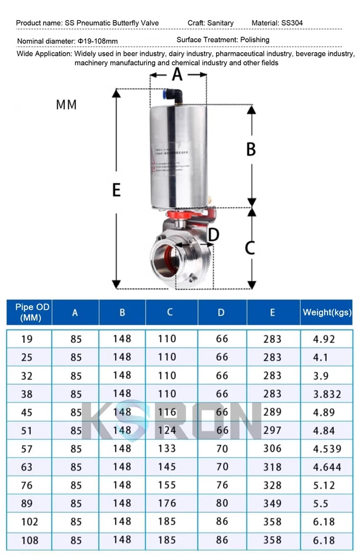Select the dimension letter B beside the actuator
[x=251, y=149]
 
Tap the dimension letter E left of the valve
[x=116, y=190]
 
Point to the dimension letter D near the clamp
[x=214, y=235]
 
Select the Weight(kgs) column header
[x=327, y=312]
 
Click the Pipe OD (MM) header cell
[x=29, y=312]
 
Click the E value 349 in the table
[x=272, y=503]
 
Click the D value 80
[x=222, y=503]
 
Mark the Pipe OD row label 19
[x=27, y=339]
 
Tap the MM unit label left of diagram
[x=66, y=105]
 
